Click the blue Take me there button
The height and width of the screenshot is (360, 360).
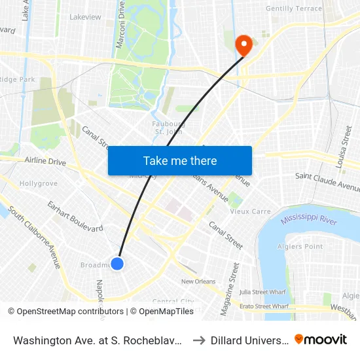tap(180, 160)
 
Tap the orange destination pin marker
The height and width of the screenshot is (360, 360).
tap(243, 45)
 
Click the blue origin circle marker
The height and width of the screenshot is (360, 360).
tap(117, 263)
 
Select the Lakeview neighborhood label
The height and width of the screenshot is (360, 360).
tap(84, 16)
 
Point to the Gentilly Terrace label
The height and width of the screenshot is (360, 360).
tap(294, 9)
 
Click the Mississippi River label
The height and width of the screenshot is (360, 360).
tap(309, 220)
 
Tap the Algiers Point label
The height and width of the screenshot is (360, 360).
tap(304, 246)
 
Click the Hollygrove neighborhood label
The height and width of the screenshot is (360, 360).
tap(39, 184)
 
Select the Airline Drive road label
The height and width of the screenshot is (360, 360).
tap(45, 161)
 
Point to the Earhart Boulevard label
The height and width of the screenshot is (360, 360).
tap(75, 217)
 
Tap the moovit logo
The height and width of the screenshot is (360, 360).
tap(321, 339)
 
